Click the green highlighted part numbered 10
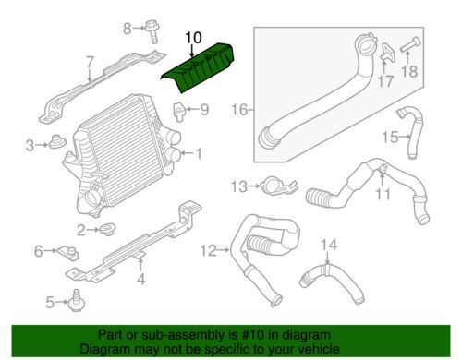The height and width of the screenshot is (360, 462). pos(197,67)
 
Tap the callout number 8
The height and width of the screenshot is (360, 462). pos(128,29)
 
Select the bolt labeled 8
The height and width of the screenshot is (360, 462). pos(152,30)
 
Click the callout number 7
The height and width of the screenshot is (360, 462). pos(90,63)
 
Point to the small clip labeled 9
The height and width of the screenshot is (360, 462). pos(178,112)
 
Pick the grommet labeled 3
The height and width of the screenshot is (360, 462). pos(57,142)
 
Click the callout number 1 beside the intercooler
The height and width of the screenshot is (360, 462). pos(199,153)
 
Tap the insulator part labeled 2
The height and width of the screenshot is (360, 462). pos(107,229)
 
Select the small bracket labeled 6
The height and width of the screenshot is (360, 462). pos(67,253)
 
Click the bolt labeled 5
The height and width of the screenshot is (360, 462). pos(75,300)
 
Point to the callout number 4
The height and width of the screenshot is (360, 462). pos(140,279)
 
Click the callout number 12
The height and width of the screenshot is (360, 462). pos(208,250)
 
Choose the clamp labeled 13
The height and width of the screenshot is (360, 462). pos(277,186)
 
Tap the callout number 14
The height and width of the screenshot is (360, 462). pos(329,245)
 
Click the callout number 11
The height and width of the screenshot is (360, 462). pos(383,194)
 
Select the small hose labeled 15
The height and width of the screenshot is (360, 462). pos(410,133)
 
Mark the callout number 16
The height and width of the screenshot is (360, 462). pos(239,110)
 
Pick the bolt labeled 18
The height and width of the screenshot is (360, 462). pos(410,44)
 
